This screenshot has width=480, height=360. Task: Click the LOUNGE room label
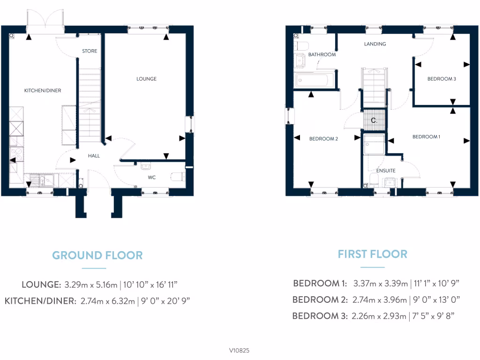[146, 79]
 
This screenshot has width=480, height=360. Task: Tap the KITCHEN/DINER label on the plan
[43, 90]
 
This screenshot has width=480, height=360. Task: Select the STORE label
[90, 51]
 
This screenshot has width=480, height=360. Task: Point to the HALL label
[94, 156]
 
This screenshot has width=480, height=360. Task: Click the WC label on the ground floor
[152, 178]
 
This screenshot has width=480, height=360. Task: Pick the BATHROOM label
[322, 55]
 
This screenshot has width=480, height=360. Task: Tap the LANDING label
[375, 44]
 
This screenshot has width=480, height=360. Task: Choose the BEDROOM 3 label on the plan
[442, 79]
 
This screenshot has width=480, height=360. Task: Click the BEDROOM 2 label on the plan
[323, 139]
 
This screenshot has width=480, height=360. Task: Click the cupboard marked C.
[374, 120]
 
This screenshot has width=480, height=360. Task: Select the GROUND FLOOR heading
[97, 255]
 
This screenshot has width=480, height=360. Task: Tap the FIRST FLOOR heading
[373, 254]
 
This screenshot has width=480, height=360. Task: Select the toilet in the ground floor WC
[178, 177]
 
